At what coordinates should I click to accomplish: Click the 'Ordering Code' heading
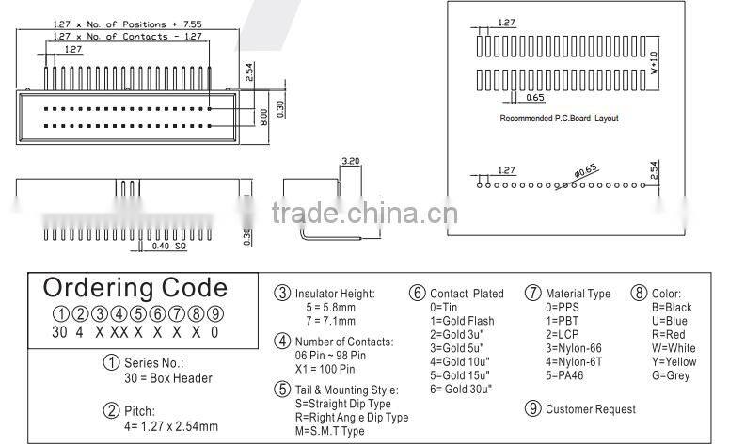tap(135, 288)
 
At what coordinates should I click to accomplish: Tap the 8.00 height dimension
tap(263, 117)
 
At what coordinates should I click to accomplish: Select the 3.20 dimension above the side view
tap(351, 161)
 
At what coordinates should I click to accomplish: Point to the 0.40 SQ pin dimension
tap(169, 246)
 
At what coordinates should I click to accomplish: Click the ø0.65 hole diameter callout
tap(585, 170)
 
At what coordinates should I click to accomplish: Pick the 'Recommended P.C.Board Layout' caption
tap(559, 119)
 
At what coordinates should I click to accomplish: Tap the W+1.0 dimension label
tap(654, 63)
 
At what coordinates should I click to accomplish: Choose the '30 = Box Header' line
tap(168, 378)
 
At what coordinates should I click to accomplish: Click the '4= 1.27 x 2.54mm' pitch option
tap(171, 426)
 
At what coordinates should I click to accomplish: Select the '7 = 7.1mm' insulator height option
tap(330, 321)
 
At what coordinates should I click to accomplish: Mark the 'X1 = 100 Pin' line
tap(325, 369)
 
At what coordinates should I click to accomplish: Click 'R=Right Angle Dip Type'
tap(352, 418)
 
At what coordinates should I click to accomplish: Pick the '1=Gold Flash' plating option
tap(462, 321)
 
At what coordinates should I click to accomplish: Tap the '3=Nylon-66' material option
tap(574, 348)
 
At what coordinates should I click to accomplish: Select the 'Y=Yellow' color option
tap(674, 362)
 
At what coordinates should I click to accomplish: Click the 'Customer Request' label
tap(591, 409)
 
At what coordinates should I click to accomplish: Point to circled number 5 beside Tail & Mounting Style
tap(282, 389)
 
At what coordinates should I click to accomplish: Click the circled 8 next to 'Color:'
tap(639, 293)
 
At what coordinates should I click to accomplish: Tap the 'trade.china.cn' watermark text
tap(365, 213)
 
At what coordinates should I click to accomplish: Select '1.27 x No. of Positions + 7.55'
tap(127, 24)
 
